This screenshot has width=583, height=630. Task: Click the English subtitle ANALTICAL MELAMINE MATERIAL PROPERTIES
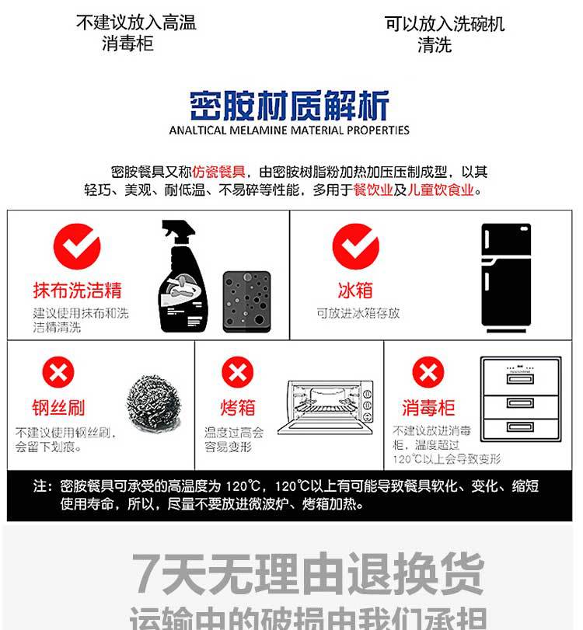pos(289,131)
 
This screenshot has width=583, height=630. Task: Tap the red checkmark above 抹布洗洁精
pos(76,246)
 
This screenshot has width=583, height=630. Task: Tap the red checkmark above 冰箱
pos(355,246)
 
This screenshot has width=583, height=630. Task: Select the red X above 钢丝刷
pos(58,373)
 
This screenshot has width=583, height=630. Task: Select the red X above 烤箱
pos(238,373)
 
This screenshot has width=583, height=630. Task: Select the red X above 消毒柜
pos(428,373)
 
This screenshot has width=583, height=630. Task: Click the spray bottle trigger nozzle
pos(173,231)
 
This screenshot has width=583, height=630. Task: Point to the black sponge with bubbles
pos(246,301)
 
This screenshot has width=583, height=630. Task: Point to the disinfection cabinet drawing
pos(520,399)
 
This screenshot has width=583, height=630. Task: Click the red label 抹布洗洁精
pos(77,291)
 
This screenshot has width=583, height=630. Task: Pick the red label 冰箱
pos(355,291)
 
